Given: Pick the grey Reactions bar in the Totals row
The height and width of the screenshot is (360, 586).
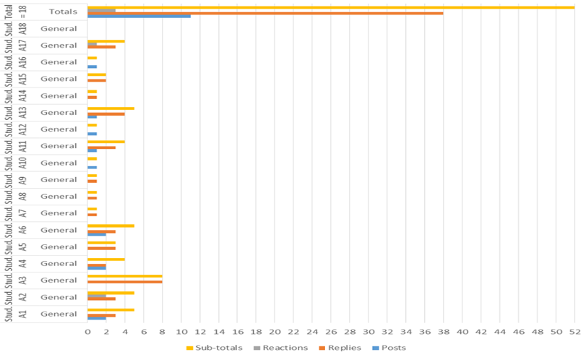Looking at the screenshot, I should [101, 10].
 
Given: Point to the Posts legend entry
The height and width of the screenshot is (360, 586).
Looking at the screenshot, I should [391, 347].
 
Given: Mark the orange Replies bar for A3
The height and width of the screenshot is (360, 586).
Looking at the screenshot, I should [124, 281].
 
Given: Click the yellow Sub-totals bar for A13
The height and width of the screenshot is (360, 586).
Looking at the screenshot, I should [111, 108].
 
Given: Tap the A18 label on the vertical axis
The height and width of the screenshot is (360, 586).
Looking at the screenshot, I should [23, 29].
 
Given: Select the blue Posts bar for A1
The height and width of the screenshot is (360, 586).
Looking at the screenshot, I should [97, 318].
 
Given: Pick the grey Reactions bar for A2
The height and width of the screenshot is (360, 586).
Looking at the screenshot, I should [97, 295].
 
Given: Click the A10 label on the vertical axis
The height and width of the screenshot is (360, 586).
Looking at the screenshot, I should [23, 163].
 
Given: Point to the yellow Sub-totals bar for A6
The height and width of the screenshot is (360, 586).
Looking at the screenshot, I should [111, 226].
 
